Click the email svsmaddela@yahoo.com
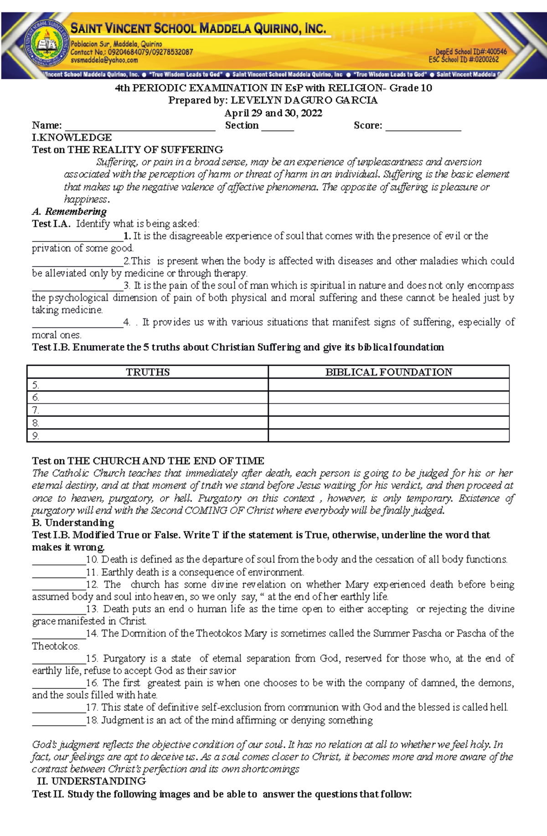104,60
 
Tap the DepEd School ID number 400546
496,52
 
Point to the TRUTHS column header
148,372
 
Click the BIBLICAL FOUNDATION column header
388,372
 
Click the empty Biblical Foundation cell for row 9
388,436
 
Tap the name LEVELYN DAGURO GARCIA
304,100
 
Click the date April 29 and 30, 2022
273,113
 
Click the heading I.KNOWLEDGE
72,138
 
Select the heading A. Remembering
69,211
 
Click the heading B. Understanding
73,523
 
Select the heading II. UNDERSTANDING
91,781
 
